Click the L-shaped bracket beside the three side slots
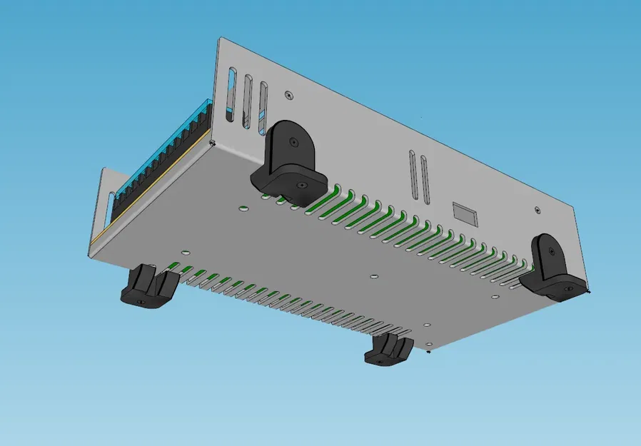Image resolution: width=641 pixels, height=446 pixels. pyautogui.click(x=288, y=162)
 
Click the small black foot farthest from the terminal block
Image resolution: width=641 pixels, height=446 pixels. pyautogui.click(x=389, y=350)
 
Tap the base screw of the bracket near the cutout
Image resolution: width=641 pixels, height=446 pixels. pyautogui.click(x=567, y=289)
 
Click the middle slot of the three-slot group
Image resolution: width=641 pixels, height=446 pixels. pyautogui.click(x=248, y=101)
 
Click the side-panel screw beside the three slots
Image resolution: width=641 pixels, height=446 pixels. pyautogui.click(x=288, y=93)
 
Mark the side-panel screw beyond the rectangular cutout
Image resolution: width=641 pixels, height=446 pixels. pyautogui.click(x=537, y=210)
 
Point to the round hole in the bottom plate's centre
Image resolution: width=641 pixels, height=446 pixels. pyautogui.click(x=375, y=275)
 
